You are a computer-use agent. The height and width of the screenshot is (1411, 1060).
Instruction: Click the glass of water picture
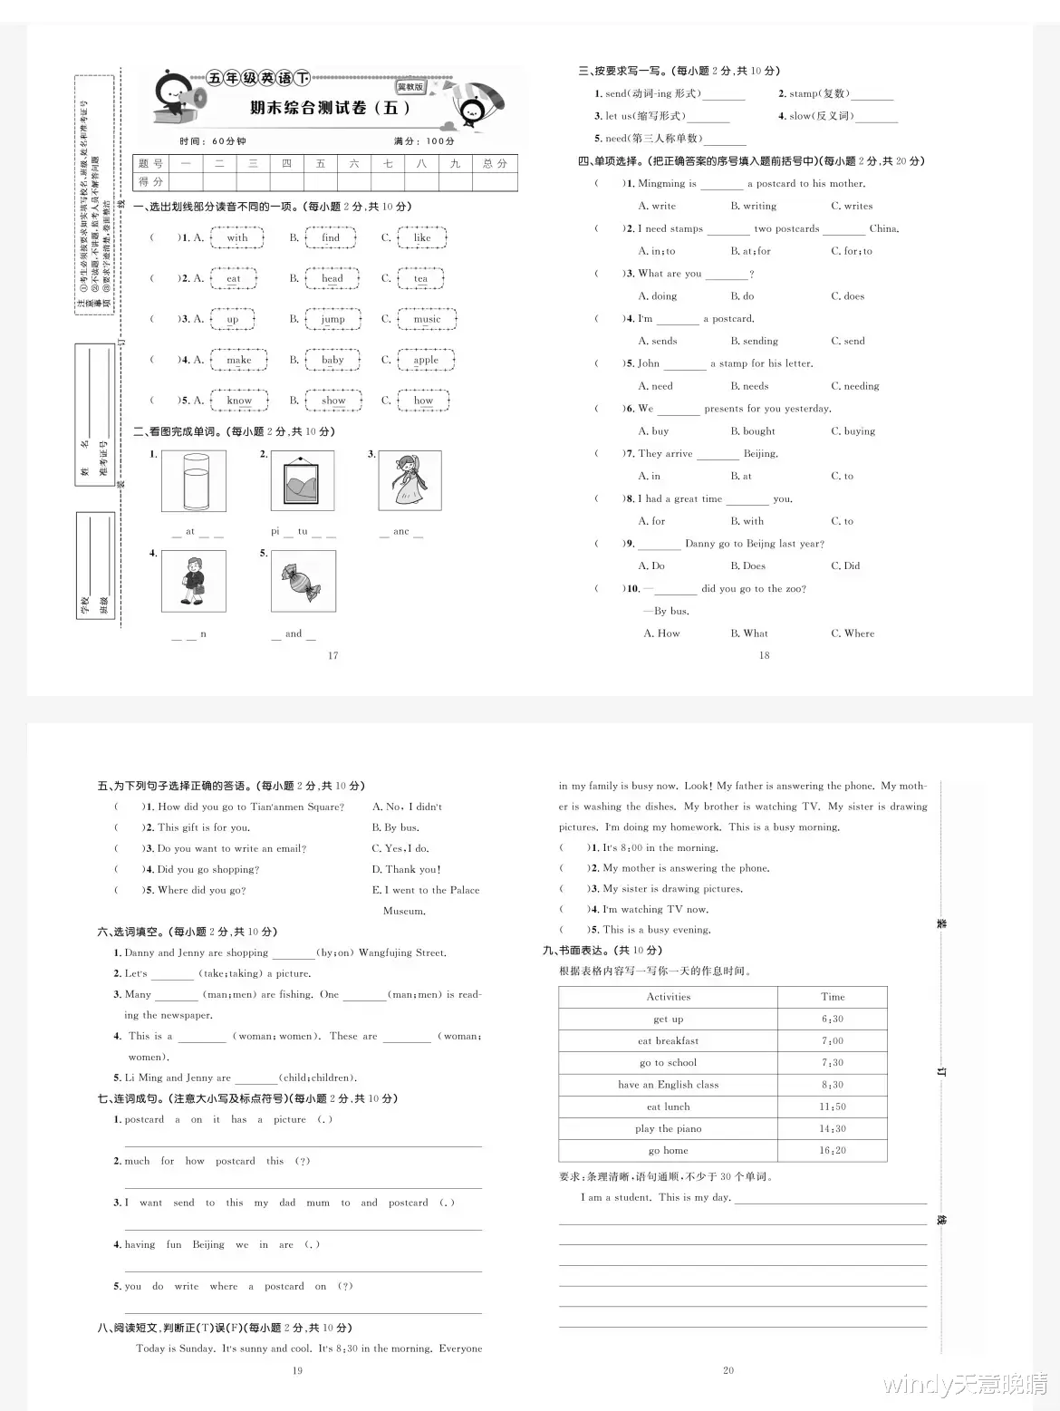coord(194,481)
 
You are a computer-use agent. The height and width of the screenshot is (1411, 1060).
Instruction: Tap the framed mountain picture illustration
coord(303,481)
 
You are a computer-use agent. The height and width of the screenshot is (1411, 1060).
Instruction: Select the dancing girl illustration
coord(410,481)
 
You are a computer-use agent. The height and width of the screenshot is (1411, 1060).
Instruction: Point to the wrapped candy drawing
coord(303,582)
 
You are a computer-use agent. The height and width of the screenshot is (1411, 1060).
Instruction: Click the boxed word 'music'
coord(427,319)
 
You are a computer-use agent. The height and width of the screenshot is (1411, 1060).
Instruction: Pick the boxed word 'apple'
coord(425,360)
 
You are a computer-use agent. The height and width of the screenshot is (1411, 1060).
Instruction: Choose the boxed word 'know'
coord(239,401)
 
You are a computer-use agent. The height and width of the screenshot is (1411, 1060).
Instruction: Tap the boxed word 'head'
coord(332,278)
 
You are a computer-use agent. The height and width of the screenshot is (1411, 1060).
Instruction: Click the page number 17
coord(332,655)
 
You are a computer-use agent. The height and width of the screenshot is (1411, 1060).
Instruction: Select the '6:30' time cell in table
coord(832,1019)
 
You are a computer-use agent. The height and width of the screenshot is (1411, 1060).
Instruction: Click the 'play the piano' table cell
coord(668,1128)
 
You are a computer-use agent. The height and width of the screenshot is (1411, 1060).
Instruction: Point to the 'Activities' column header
coord(668,996)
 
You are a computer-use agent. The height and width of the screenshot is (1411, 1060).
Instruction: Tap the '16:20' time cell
coord(832,1150)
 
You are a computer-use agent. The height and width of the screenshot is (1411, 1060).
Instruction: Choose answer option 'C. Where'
coord(853,633)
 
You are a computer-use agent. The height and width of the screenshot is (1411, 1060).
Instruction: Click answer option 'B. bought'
coord(753,431)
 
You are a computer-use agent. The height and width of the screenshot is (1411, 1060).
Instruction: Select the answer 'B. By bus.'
coord(395,827)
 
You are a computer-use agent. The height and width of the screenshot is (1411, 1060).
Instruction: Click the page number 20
coord(728,1370)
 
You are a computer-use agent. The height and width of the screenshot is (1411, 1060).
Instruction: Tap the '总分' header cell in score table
coord(495,163)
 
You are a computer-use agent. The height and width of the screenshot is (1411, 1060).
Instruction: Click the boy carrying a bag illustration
coord(194,582)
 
